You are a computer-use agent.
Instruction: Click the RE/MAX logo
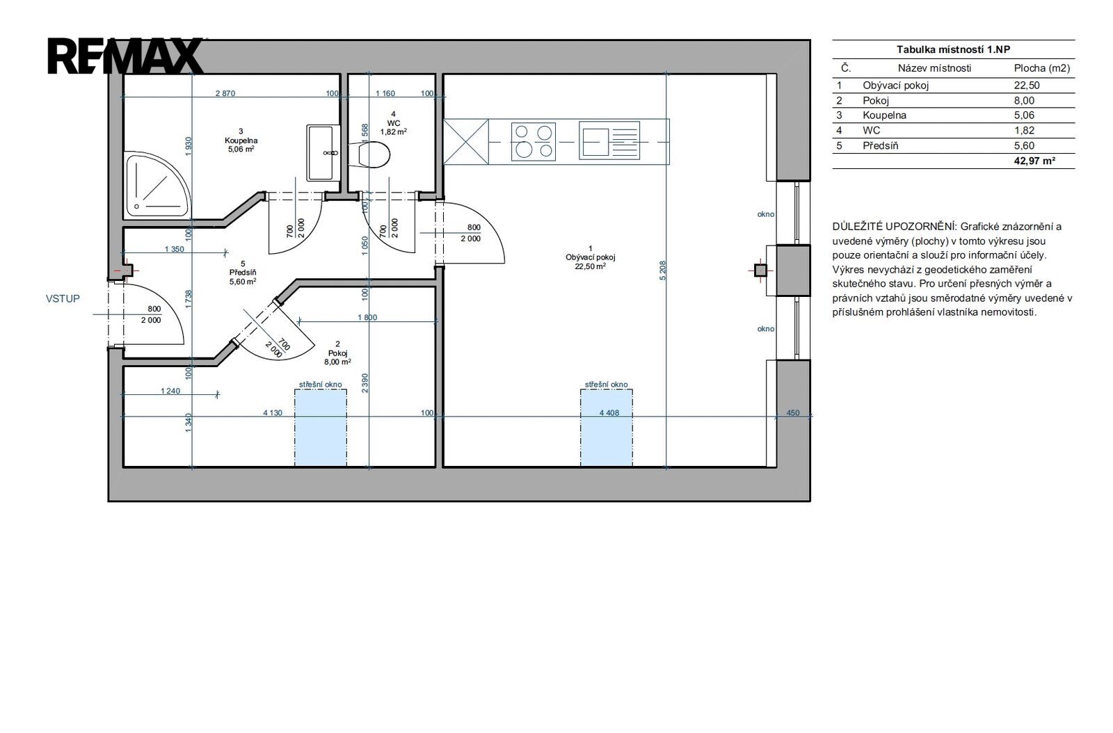pos(125,56)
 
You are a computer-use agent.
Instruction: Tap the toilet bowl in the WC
pos(369,154)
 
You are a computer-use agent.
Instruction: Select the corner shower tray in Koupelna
pos(157,184)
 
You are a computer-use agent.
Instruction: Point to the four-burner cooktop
pos(533,142)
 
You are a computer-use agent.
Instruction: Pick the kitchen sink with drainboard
pos(609,142)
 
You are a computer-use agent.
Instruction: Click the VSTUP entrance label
pos(63,298)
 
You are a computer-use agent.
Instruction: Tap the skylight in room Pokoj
pos(321,428)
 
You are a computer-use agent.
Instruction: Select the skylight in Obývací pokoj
pos(606,428)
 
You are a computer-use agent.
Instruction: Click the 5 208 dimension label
pos(663,271)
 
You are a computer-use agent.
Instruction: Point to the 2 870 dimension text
pos(225,93)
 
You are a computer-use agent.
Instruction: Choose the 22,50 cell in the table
pos(1027,86)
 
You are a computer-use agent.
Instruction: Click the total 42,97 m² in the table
pos(1034,161)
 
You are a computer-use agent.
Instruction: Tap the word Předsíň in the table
pos(881,145)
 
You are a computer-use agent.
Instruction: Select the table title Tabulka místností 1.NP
pos(953,49)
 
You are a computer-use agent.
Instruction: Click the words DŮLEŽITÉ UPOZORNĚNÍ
pos(895,227)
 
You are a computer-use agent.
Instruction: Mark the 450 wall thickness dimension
pos(793,412)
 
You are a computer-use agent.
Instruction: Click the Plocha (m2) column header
pos(1042,68)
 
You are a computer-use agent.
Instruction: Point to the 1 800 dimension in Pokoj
pos(367,317)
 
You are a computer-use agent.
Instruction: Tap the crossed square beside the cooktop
pos(465,142)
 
